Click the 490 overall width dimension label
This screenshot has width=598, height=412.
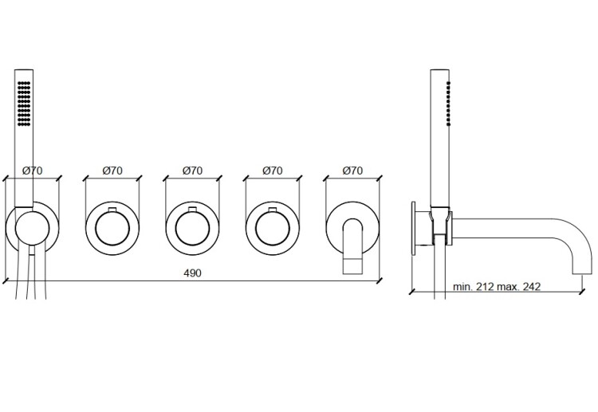pos(192,273)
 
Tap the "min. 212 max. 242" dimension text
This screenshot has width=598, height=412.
pos(497,287)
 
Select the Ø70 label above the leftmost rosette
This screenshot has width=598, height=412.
pos(33,171)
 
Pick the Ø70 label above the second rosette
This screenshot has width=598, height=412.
pos(112,171)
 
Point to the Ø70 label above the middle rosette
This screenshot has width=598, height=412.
pos(193,171)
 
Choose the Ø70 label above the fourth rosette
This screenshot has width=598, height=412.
pos(273,171)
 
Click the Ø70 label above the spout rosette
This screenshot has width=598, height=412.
pos(352,171)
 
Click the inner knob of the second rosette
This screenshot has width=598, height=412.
pos(112,229)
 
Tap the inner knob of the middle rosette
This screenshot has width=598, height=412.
pos(193,229)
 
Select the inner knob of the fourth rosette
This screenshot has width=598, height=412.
pos(273,229)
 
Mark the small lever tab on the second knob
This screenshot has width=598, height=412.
pos(112,210)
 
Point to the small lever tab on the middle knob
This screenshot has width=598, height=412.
pos(193,210)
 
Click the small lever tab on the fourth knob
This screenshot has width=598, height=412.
pos(273,210)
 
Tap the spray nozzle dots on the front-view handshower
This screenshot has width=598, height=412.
pos(24,103)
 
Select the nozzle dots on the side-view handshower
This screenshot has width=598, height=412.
pos(448,104)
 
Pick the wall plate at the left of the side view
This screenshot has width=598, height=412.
pos(413,229)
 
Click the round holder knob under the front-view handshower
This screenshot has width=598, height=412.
pos(33,229)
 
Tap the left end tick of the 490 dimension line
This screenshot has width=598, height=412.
pos(6,281)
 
